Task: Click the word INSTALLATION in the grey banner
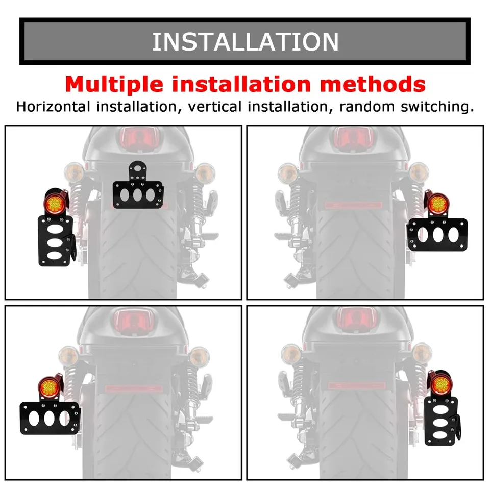pos(246,41)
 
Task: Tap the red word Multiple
pos(114,84)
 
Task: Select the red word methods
pos(373,84)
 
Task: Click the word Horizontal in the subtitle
pos(53,107)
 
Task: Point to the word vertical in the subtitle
pos(215,107)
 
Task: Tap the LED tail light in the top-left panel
pos(55,202)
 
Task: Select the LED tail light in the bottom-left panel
pos(50,387)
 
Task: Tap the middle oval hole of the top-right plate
pos(438,235)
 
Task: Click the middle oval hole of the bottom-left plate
pos(50,419)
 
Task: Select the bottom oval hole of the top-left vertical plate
pos(54,255)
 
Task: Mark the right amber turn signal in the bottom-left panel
pos(199,357)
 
